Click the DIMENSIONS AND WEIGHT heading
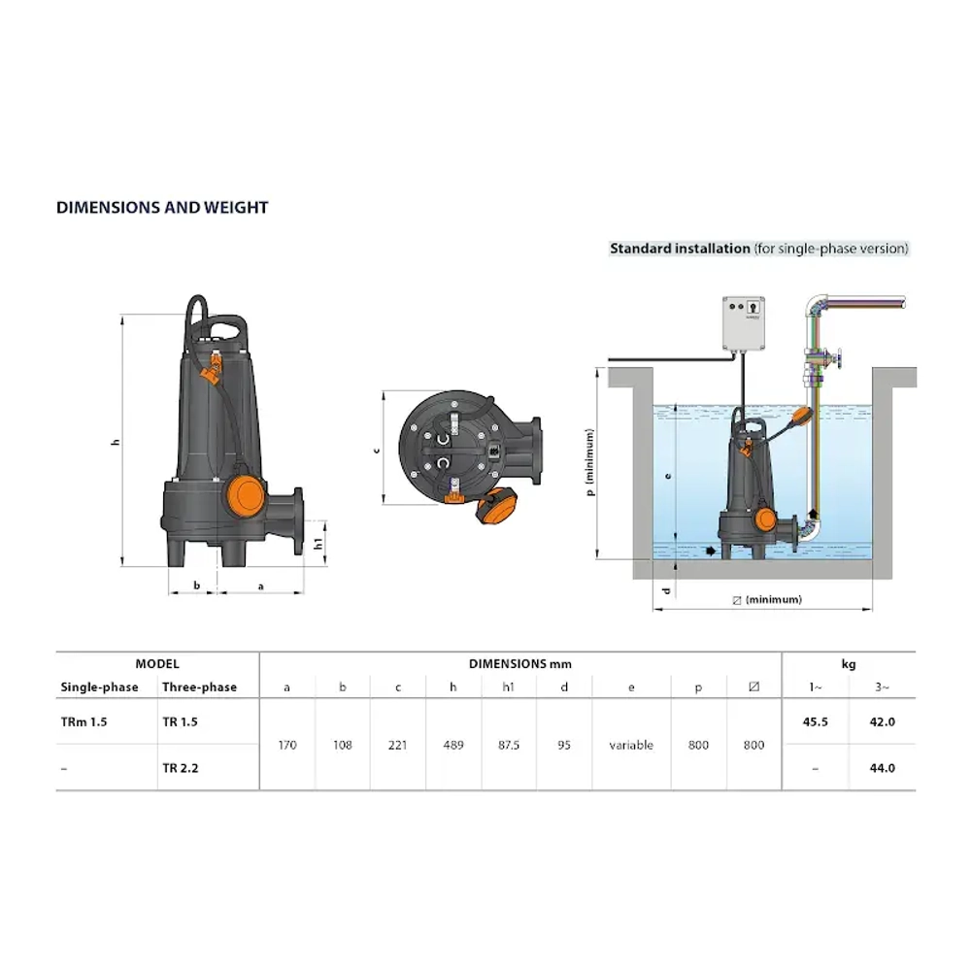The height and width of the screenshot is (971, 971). click(x=162, y=208)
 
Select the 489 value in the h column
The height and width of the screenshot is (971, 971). click(x=453, y=746)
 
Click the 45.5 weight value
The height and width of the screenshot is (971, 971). click(x=815, y=722)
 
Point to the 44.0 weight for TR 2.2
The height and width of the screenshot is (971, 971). click(x=882, y=768)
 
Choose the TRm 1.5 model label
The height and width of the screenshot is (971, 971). click(x=83, y=722)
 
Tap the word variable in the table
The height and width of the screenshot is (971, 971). click(x=631, y=746)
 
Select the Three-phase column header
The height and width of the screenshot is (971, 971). click(x=199, y=687)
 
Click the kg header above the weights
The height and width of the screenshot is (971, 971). click(x=848, y=664)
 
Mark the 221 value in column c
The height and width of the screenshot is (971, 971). click(x=397, y=746)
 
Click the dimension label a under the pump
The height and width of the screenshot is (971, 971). click(x=259, y=586)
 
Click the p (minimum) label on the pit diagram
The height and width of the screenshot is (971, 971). click(x=589, y=464)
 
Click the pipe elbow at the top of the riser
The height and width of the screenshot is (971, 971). click(x=817, y=310)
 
